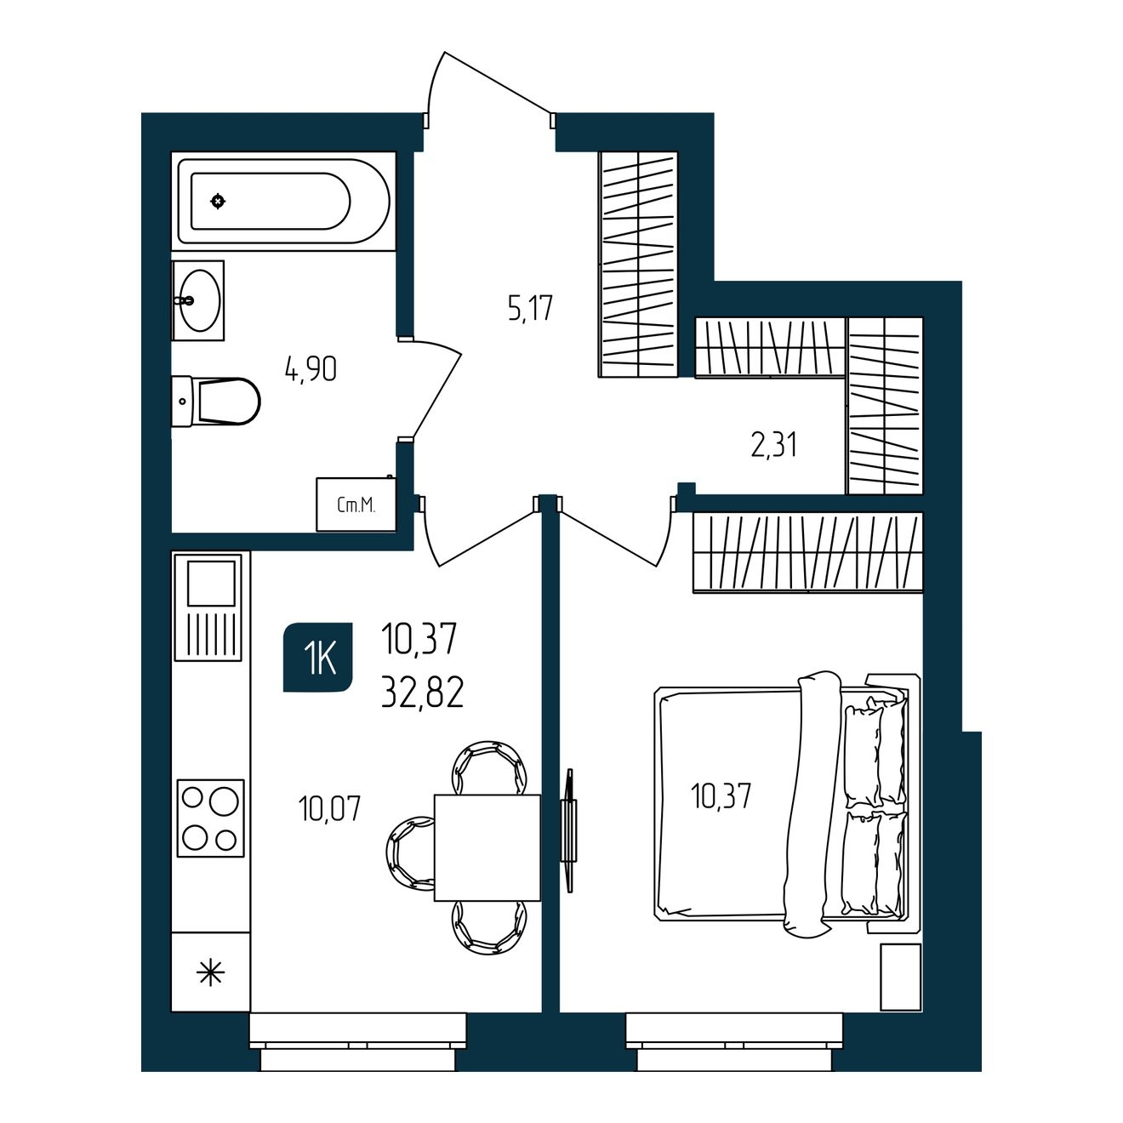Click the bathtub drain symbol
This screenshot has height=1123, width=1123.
tap(218, 202)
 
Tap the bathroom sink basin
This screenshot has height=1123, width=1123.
tap(200, 299)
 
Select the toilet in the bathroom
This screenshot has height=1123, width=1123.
tap(216, 401)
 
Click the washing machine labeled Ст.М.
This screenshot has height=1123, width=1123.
tap(356, 504)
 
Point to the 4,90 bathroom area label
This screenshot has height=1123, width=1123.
tap(311, 369)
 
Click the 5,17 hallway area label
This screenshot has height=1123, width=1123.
tap(530, 308)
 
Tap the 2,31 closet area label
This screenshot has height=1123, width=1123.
tap(773, 445)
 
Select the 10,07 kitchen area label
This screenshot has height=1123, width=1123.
tap(329, 809)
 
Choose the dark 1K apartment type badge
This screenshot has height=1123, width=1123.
tap(318, 658)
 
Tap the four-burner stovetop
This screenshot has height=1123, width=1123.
tap(210, 818)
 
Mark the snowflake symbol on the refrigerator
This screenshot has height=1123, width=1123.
tap(210, 972)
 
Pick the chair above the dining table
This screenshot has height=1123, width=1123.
tap(490, 768)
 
